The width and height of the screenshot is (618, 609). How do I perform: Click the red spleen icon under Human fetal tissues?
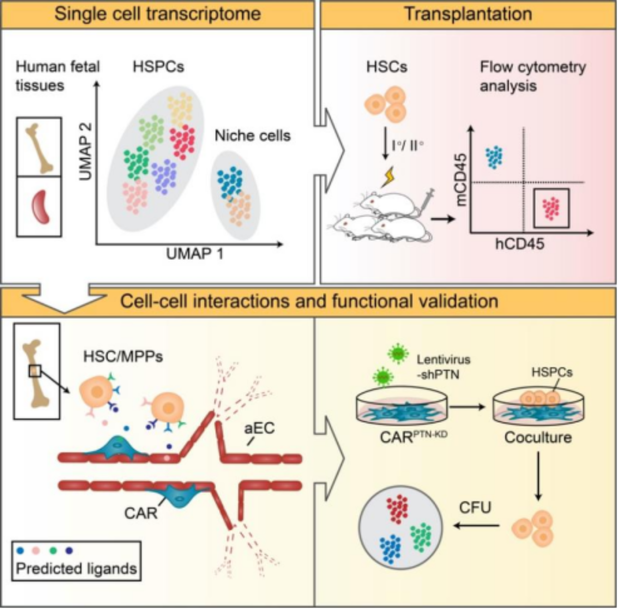(x=41, y=206)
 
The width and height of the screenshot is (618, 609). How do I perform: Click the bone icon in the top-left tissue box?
(x=39, y=148)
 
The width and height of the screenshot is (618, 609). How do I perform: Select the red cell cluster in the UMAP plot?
(x=182, y=142)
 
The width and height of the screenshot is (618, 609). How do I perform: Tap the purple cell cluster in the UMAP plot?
(x=164, y=176)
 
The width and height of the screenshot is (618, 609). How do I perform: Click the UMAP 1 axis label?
(x=195, y=254)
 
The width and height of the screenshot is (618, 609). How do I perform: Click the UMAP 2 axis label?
(x=86, y=152)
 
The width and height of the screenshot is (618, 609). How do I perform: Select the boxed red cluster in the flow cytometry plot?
(x=551, y=208)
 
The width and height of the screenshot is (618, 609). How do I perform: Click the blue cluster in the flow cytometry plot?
(x=494, y=156)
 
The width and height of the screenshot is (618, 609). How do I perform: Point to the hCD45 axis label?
(x=520, y=243)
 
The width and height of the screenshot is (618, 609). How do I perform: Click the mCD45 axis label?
(x=462, y=179)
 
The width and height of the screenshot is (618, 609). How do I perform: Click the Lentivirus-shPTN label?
(x=443, y=367)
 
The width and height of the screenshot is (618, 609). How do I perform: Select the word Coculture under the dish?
(x=538, y=437)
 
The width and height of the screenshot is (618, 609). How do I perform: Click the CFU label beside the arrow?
(x=475, y=508)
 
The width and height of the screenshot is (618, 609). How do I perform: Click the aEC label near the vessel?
(x=259, y=428)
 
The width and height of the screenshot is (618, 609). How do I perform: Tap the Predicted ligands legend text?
(x=76, y=569)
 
